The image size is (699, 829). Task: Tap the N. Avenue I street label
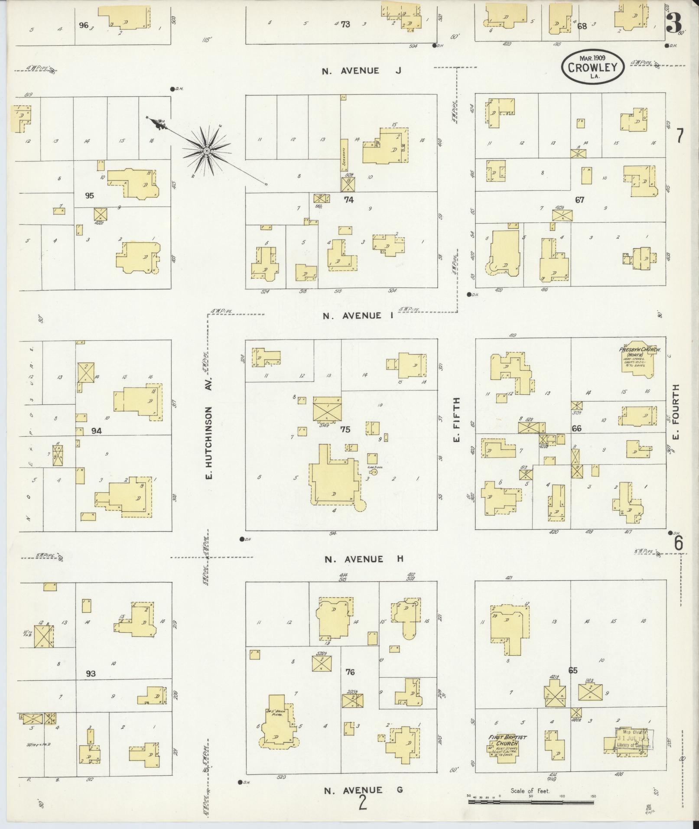tap(358, 315)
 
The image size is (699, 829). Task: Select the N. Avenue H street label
tap(364, 559)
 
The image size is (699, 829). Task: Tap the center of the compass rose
tap(207, 150)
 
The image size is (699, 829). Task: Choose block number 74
tap(348, 200)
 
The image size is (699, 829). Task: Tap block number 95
tap(89, 195)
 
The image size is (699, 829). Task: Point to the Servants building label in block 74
tap(345, 156)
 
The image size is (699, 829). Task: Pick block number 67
tap(579, 200)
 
